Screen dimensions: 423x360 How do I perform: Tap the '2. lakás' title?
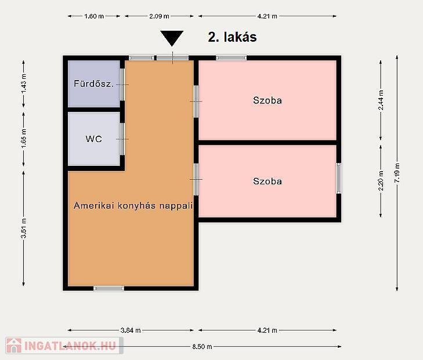[232, 37]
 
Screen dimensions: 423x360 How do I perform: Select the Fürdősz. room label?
[93, 83]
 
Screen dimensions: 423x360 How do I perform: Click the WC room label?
[93, 139]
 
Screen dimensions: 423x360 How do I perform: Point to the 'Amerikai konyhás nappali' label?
[133, 206]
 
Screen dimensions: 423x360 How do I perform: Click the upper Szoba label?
[267, 100]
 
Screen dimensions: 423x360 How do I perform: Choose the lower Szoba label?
[267, 181]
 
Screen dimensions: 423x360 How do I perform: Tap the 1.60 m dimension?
[94, 16]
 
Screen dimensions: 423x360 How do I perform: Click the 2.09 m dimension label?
[159, 16]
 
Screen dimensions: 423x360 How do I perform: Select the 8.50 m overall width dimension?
[202, 347]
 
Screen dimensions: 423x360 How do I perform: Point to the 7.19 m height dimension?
[397, 173]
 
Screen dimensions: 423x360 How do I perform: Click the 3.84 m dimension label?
[131, 330]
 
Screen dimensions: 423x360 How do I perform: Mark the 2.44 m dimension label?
[381, 100]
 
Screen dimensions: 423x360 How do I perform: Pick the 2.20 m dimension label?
[381, 180]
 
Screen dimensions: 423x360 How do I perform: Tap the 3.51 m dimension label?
[24, 228]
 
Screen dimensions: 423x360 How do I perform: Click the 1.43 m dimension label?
[24, 84]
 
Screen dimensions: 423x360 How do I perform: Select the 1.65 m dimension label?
[24, 139]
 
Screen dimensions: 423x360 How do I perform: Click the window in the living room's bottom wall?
[109, 289]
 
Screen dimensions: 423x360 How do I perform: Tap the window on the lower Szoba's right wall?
[338, 178]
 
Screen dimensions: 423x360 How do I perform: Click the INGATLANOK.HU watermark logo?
[63, 346]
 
